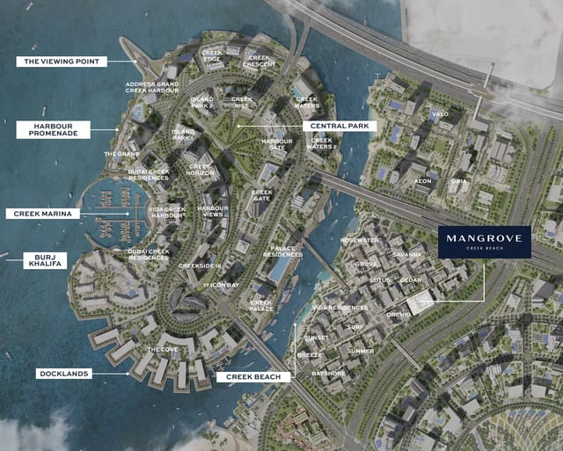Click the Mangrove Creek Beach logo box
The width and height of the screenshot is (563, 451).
(484, 242)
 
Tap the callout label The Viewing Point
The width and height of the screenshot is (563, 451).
(62, 62)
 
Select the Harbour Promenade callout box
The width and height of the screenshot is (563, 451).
(54, 129)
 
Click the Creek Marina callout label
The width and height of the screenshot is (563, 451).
(43, 214)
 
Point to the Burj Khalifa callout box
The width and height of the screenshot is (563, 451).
(44, 260)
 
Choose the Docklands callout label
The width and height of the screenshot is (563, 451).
(64, 374)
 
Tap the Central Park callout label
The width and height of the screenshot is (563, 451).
(340, 126)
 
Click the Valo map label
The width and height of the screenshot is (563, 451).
(439, 114)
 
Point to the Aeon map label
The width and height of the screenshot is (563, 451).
(424, 181)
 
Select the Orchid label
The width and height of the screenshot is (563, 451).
(398, 315)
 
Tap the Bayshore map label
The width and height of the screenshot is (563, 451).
(328, 374)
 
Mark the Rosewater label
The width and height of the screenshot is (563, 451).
(360, 240)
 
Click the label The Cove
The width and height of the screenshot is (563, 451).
(161, 350)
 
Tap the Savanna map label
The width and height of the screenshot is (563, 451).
(407, 255)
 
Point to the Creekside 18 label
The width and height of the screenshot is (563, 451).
(200, 265)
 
